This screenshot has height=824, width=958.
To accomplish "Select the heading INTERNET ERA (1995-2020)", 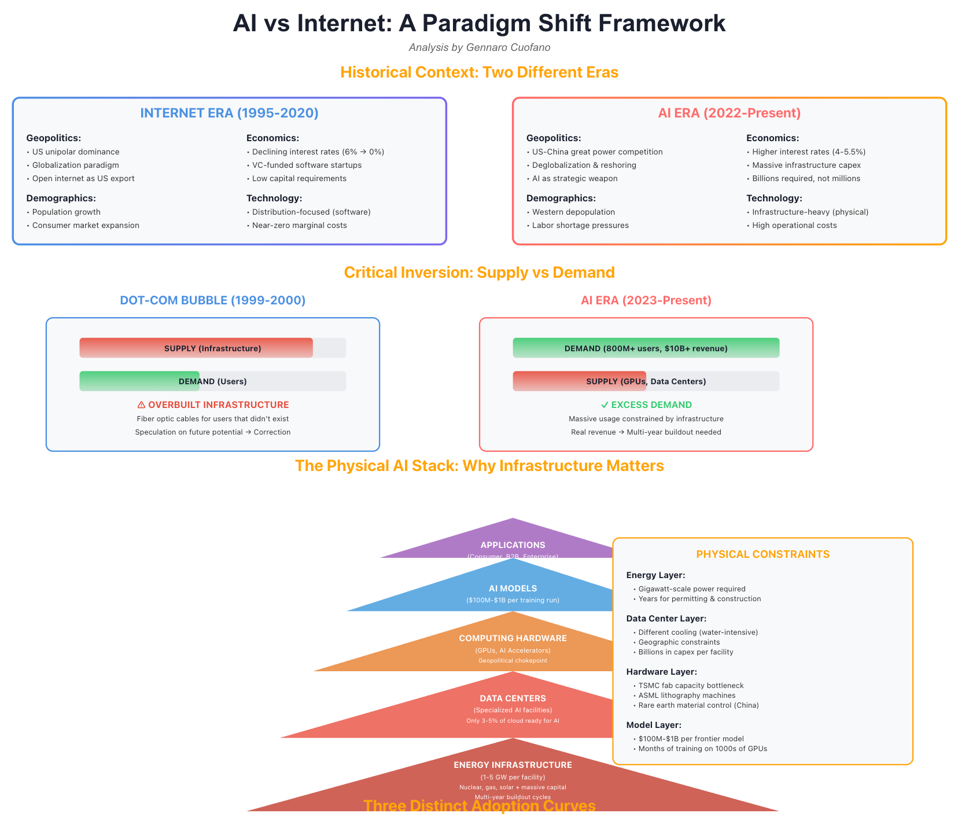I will (229, 113).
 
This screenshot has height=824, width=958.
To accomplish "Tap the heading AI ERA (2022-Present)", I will (729, 113).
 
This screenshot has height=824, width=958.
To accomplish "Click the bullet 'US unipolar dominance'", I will (76, 152).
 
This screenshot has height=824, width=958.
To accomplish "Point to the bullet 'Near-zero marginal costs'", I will (299, 225).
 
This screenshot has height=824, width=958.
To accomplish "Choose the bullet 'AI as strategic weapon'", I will (574, 178).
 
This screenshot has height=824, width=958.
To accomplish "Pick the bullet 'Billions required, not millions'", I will (806, 178).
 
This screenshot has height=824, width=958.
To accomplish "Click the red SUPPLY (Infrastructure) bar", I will (196, 348).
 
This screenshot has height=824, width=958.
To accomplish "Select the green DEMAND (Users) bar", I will (139, 381).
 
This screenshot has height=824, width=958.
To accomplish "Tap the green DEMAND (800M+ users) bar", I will (646, 348).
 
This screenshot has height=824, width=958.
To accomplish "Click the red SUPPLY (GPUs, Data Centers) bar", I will (579, 381).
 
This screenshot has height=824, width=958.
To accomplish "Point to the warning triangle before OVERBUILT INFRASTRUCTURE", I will (141, 405).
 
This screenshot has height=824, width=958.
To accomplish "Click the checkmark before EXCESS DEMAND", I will (605, 405).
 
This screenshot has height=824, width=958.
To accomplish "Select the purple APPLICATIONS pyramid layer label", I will (513, 545).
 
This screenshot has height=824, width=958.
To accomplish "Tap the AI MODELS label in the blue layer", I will (513, 588).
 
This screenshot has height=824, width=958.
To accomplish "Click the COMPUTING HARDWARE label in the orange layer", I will (513, 638).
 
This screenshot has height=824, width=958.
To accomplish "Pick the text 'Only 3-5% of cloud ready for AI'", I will (513, 721).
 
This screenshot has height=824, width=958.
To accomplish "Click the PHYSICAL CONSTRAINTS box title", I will (762, 554).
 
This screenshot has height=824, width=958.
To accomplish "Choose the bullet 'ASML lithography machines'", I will (687, 696).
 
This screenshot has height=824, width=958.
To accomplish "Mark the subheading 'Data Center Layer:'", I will (666, 619).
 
